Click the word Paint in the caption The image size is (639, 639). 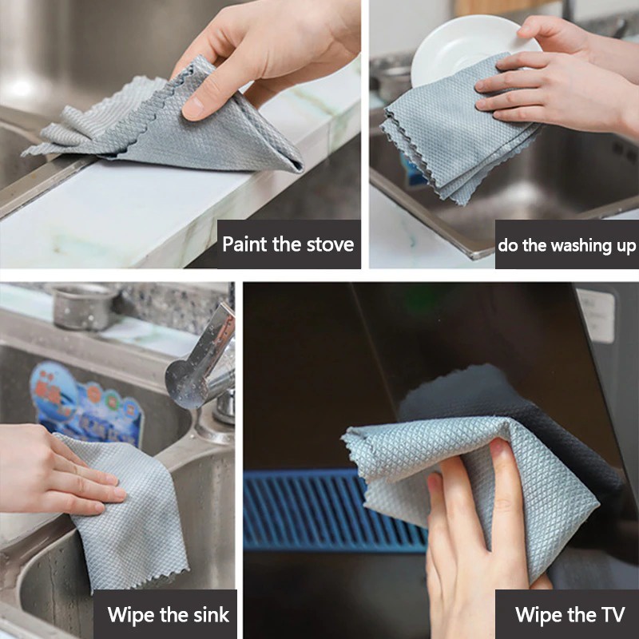(x=245, y=244)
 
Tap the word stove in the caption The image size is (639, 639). (x=330, y=244)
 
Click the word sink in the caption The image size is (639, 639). (x=212, y=614)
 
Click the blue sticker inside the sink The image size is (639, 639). (x=86, y=403)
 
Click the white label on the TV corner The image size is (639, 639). (x=595, y=315)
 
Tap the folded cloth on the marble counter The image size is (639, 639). (x=171, y=126)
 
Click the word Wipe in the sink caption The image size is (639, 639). (x=130, y=614)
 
